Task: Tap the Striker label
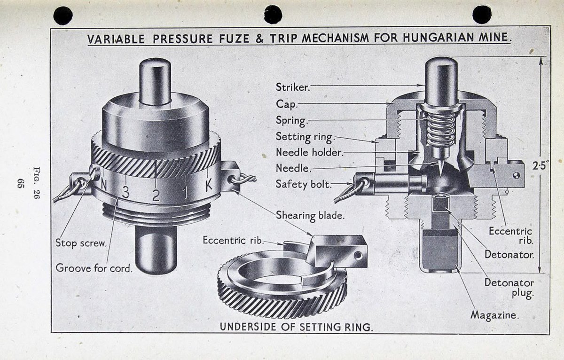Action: coord(293,87)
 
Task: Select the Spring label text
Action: coord(291,121)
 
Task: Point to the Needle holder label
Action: coord(310,152)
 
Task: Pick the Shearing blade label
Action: coord(310,216)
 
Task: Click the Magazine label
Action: coord(494,315)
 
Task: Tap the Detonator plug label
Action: coord(509,288)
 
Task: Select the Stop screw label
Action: coord(81,243)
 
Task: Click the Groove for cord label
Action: coord(94,268)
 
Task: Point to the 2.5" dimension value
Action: coord(540,165)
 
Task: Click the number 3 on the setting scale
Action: coord(125,193)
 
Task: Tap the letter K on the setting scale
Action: coord(208,185)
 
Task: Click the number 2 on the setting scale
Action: coord(156,195)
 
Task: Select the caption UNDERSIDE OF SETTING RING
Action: coord(296,327)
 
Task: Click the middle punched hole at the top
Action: coord(273,15)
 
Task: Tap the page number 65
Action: coord(20,183)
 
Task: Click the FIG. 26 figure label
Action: coord(37,182)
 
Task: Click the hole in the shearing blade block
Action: coord(358,256)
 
